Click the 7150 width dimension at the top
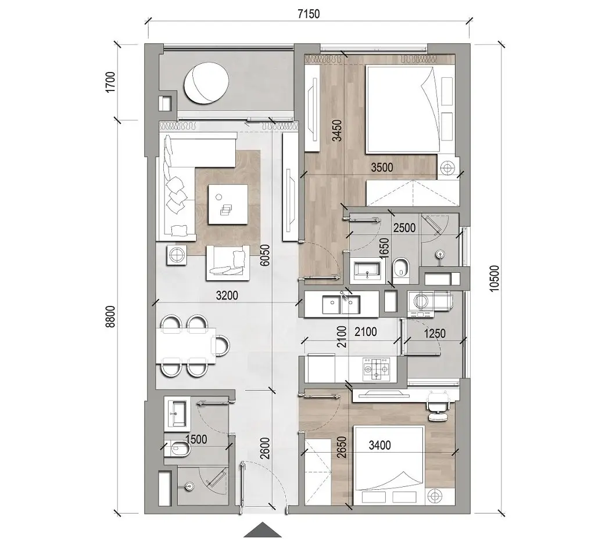(x=307, y=13)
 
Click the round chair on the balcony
(x=206, y=84)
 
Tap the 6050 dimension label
(x=265, y=254)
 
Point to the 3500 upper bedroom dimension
(x=382, y=168)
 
